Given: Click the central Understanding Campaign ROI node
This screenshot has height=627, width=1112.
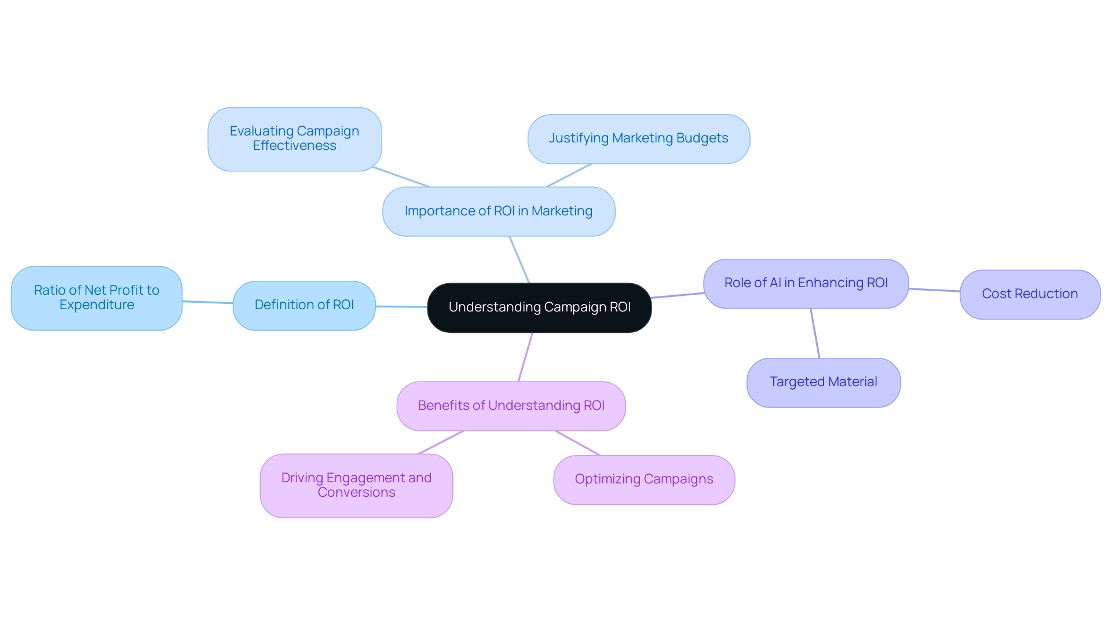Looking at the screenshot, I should [539, 307].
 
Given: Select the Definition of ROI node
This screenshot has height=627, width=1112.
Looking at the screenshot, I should [304, 305].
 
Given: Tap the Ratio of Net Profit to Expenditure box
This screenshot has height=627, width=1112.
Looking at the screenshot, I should [97, 298].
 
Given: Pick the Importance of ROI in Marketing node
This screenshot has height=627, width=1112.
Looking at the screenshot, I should [498, 211].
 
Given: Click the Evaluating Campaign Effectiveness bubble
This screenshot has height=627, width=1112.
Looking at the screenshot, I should [294, 138].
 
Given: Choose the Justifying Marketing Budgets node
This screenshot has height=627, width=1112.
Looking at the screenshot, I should [638, 138].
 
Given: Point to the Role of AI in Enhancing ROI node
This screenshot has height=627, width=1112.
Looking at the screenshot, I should [806, 283].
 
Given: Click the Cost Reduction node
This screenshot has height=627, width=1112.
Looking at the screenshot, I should [1029, 294].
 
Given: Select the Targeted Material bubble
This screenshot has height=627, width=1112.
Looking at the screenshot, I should [823, 382].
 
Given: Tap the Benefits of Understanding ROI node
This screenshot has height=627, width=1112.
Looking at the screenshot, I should [511, 406].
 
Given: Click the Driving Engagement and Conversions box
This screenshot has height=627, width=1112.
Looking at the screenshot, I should [356, 485].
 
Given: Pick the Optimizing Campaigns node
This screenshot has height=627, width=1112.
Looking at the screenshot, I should [643, 479].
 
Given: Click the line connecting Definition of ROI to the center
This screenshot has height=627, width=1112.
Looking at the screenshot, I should [401, 306].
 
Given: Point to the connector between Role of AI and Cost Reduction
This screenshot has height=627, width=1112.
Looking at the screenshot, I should [934, 289].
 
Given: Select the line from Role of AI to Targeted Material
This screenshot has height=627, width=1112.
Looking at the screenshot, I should [815, 333].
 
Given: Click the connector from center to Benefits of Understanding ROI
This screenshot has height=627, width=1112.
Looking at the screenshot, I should [525, 357].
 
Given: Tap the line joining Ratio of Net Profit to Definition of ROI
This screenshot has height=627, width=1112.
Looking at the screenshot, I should [207, 302].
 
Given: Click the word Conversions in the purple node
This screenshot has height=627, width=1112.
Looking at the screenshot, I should [356, 493].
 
